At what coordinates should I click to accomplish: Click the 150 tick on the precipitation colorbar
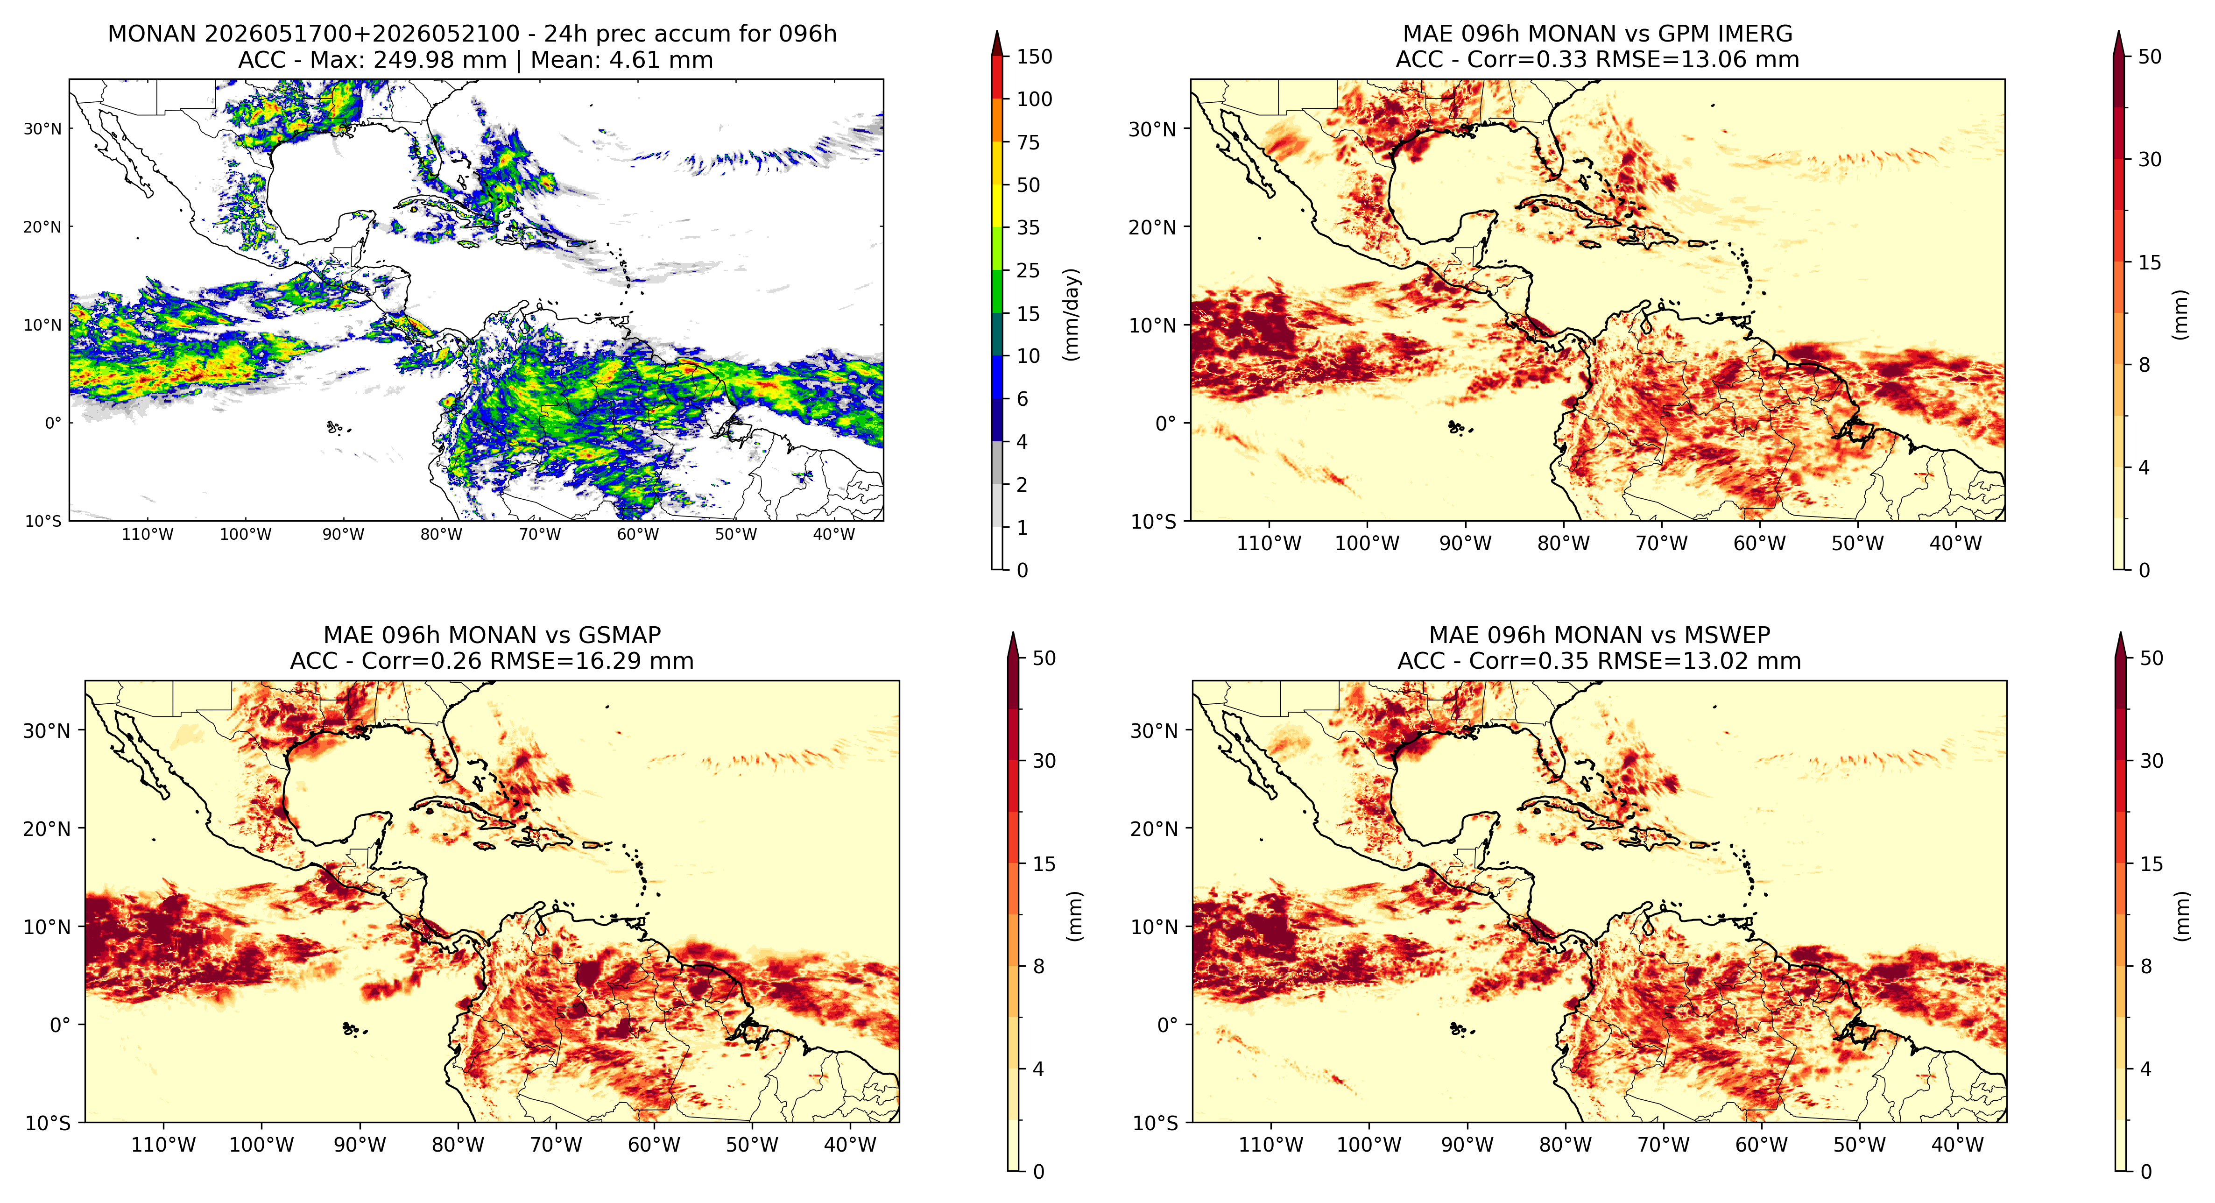tap(1034, 57)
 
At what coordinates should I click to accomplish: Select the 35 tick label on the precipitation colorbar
tap(1029, 228)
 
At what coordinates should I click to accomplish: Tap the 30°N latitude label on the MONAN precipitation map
tap(43, 129)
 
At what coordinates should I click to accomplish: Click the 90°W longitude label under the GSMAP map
tap(360, 1146)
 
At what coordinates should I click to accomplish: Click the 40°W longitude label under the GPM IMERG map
tap(1956, 544)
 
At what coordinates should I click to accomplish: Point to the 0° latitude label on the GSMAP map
tap(60, 1025)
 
